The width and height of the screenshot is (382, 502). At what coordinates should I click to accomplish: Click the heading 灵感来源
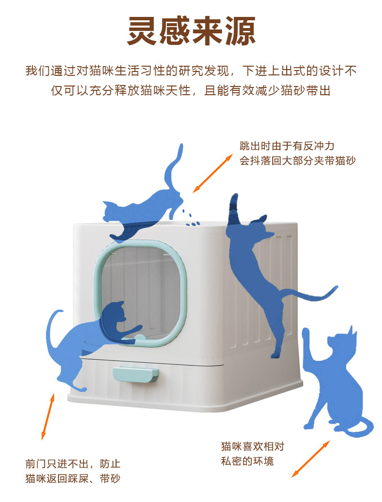pyautogui.click(x=191, y=31)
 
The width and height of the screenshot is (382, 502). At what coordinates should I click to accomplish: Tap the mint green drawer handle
pyautogui.click(x=135, y=374)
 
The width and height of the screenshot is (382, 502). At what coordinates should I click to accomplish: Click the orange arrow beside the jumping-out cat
pyautogui.click(x=212, y=173)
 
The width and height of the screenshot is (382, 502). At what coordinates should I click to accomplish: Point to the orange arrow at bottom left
pyautogui.click(x=48, y=416)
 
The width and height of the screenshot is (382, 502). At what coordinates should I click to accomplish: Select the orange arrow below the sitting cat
pyautogui.click(x=310, y=459)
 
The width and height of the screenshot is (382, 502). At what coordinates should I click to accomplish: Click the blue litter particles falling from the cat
pyautogui.click(x=191, y=218)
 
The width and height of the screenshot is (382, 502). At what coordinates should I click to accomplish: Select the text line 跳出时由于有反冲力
pyautogui.click(x=287, y=146)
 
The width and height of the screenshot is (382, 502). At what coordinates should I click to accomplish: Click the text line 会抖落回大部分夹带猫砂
pyautogui.click(x=297, y=160)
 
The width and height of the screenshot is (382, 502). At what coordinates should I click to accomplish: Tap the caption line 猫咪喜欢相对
pyautogui.click(x=252, y=446)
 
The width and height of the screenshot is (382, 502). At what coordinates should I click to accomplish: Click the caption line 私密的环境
pyautogui.click(x=247, y=461)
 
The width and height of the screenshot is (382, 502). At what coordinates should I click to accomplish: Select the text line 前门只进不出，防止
pyautogui.click(x=73, y=463)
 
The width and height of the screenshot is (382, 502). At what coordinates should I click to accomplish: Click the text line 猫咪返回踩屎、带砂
pyautogui.click(x=73, y=478)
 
